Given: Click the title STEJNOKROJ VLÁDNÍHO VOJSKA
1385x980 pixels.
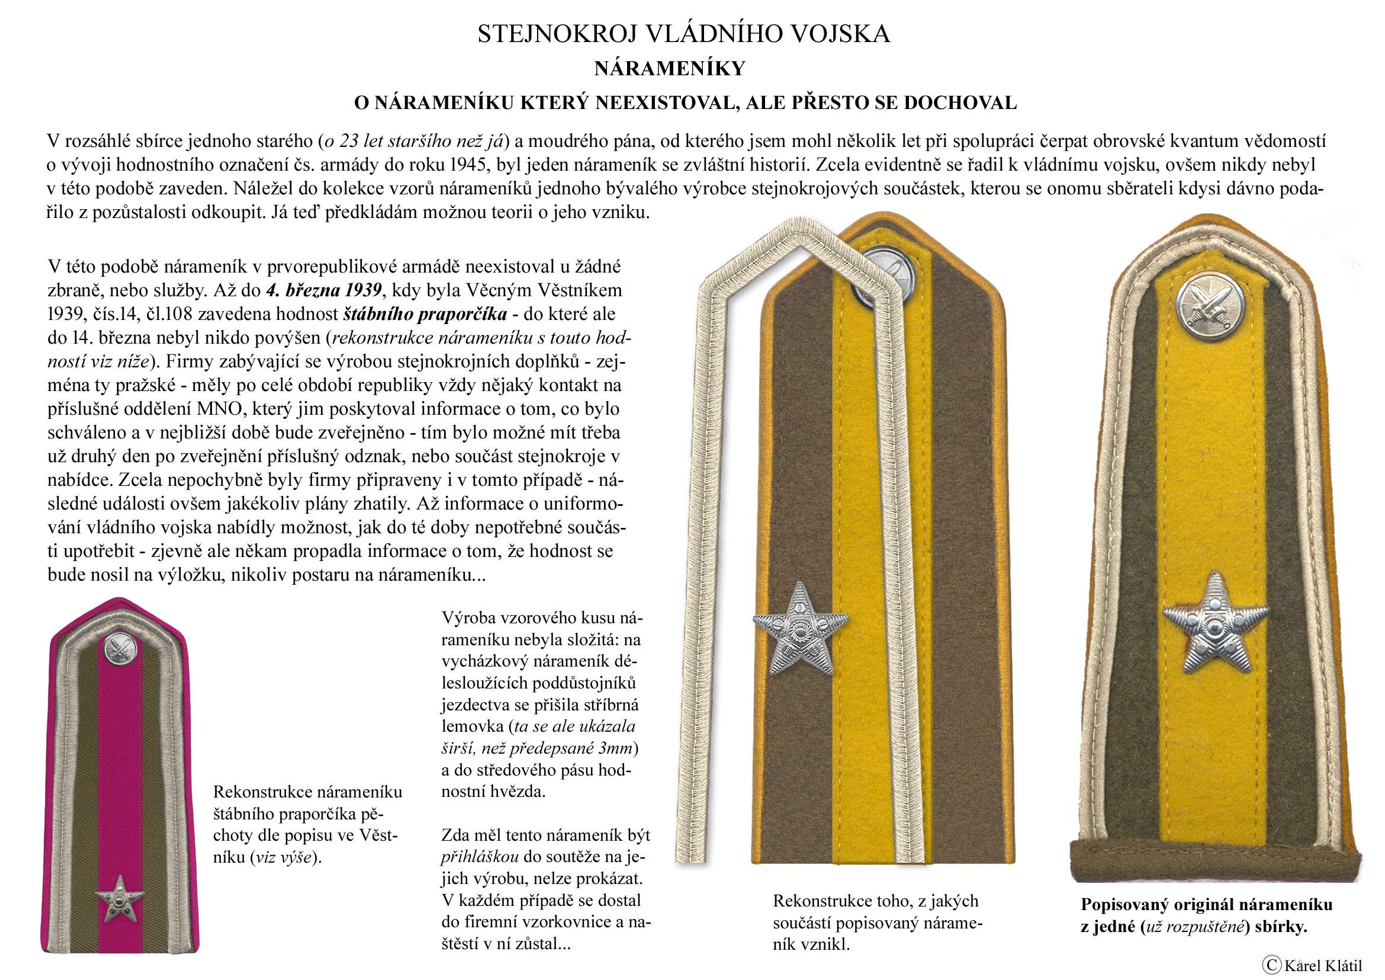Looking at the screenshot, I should click(683, 34).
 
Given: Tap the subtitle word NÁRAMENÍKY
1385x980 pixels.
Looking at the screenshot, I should click(670, 69).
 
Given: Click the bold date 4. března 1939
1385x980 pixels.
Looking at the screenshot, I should click(323, 290).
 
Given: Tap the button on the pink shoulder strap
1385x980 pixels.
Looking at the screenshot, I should click(120, 650).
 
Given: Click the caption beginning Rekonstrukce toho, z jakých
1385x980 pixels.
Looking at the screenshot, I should click(878, 921).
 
